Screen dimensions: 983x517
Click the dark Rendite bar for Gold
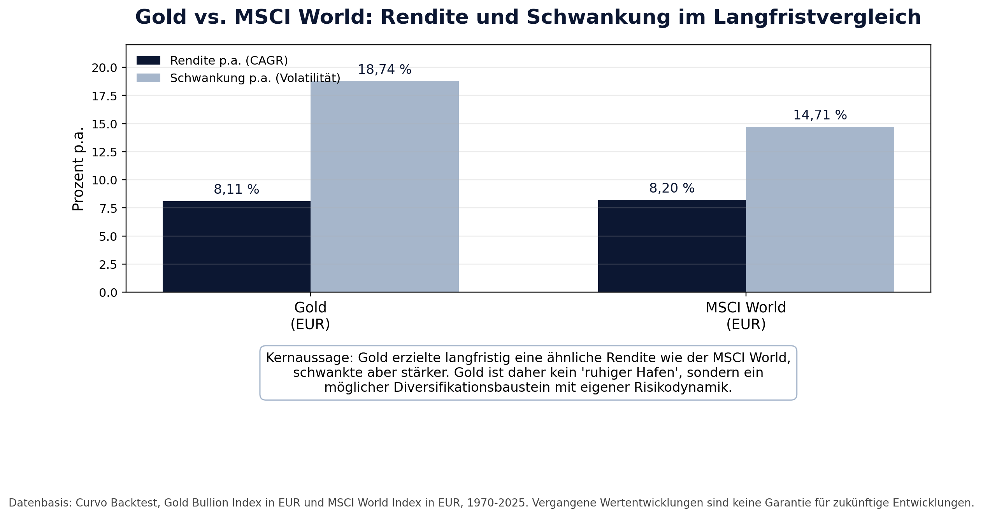[237, 247]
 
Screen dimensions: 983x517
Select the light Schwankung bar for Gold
[384, 187]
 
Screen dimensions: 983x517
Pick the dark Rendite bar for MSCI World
[672, 246]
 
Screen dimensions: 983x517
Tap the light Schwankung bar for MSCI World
[820, 209]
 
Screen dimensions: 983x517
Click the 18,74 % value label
[384, 70]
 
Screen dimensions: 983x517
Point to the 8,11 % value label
[237, 189]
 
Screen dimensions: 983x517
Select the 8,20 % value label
[672, 188]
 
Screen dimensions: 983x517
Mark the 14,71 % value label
[820, 115]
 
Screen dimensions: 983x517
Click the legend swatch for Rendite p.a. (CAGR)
[148, 60]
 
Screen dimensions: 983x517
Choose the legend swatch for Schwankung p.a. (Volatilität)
[148, 78]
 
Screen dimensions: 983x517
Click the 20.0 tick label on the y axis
[104, 68]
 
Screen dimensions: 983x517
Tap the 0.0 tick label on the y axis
[108, 293]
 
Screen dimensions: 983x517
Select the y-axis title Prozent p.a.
[78, 169]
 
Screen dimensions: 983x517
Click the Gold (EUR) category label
[310, 316]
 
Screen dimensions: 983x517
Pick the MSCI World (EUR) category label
[746, 316]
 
